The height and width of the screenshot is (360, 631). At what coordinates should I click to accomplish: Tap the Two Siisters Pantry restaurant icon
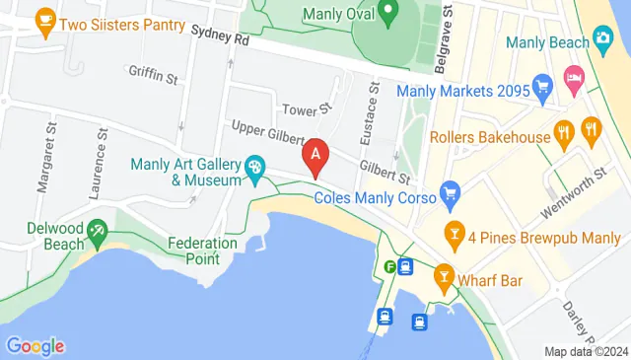tap(44, 19)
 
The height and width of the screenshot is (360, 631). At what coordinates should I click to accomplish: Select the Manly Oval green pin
tap(388, 13)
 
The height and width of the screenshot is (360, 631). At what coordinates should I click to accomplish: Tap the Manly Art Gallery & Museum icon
tap(255, 168)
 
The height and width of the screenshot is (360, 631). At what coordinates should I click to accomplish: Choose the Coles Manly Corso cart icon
tap(450, 190)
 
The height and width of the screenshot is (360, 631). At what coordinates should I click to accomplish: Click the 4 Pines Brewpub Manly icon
tap(455, 235)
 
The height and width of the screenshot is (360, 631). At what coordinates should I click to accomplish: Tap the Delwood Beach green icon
tap(97, 234)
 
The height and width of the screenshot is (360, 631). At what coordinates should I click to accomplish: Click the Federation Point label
tap(202, 251)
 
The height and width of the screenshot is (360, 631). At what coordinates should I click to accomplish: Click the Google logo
tap(35, 345)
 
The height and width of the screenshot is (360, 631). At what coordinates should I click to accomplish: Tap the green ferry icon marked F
tap(391, 265)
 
